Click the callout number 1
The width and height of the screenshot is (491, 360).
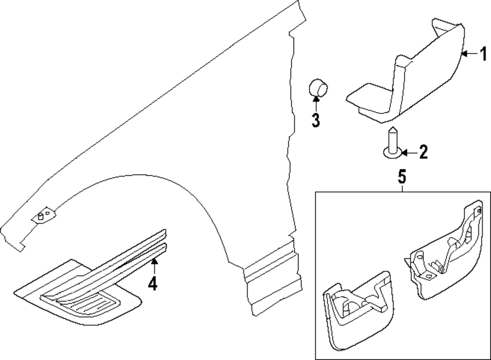coord(483,53)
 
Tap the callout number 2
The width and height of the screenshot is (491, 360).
coord(422,153)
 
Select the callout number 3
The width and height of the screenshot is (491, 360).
coord(315,119)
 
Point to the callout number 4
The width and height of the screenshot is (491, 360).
coord(153,284)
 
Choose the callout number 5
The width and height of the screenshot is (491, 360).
coord(402,175)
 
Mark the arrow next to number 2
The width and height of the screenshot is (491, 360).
coord(408,153)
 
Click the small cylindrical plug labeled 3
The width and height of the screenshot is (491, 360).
coord(318,88)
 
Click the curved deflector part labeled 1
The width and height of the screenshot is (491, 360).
coord(422,74)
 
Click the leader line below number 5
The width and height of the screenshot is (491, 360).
coord(402,187)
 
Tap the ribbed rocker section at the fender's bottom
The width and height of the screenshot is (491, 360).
coord(273,280)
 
